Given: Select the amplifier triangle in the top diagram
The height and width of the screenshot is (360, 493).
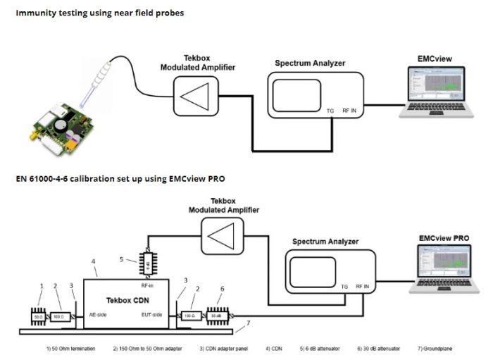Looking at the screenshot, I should [199, 94].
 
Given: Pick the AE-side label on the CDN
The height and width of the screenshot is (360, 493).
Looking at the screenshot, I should [97, 314].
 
